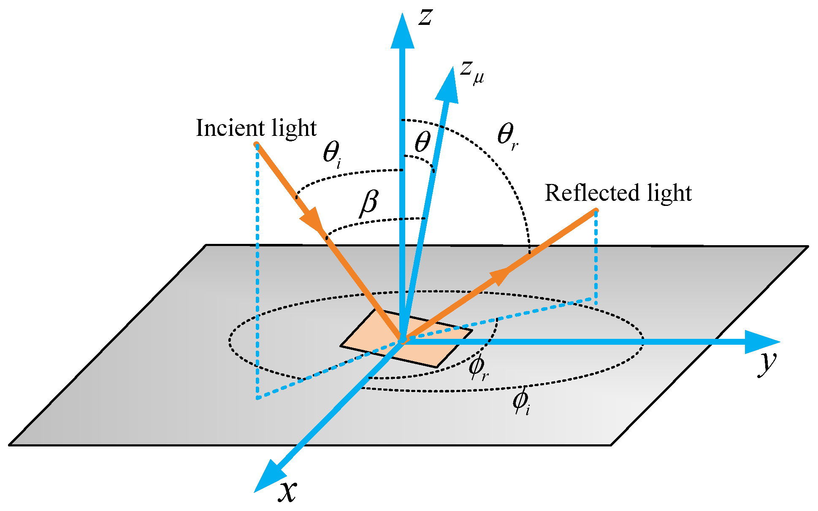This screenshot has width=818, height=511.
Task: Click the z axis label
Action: click(425, 18)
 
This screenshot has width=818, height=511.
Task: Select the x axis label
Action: click(287, 491)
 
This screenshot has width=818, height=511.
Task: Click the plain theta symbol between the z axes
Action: click(422, 142)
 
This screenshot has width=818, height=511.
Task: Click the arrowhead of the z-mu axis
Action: click(448, 86)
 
